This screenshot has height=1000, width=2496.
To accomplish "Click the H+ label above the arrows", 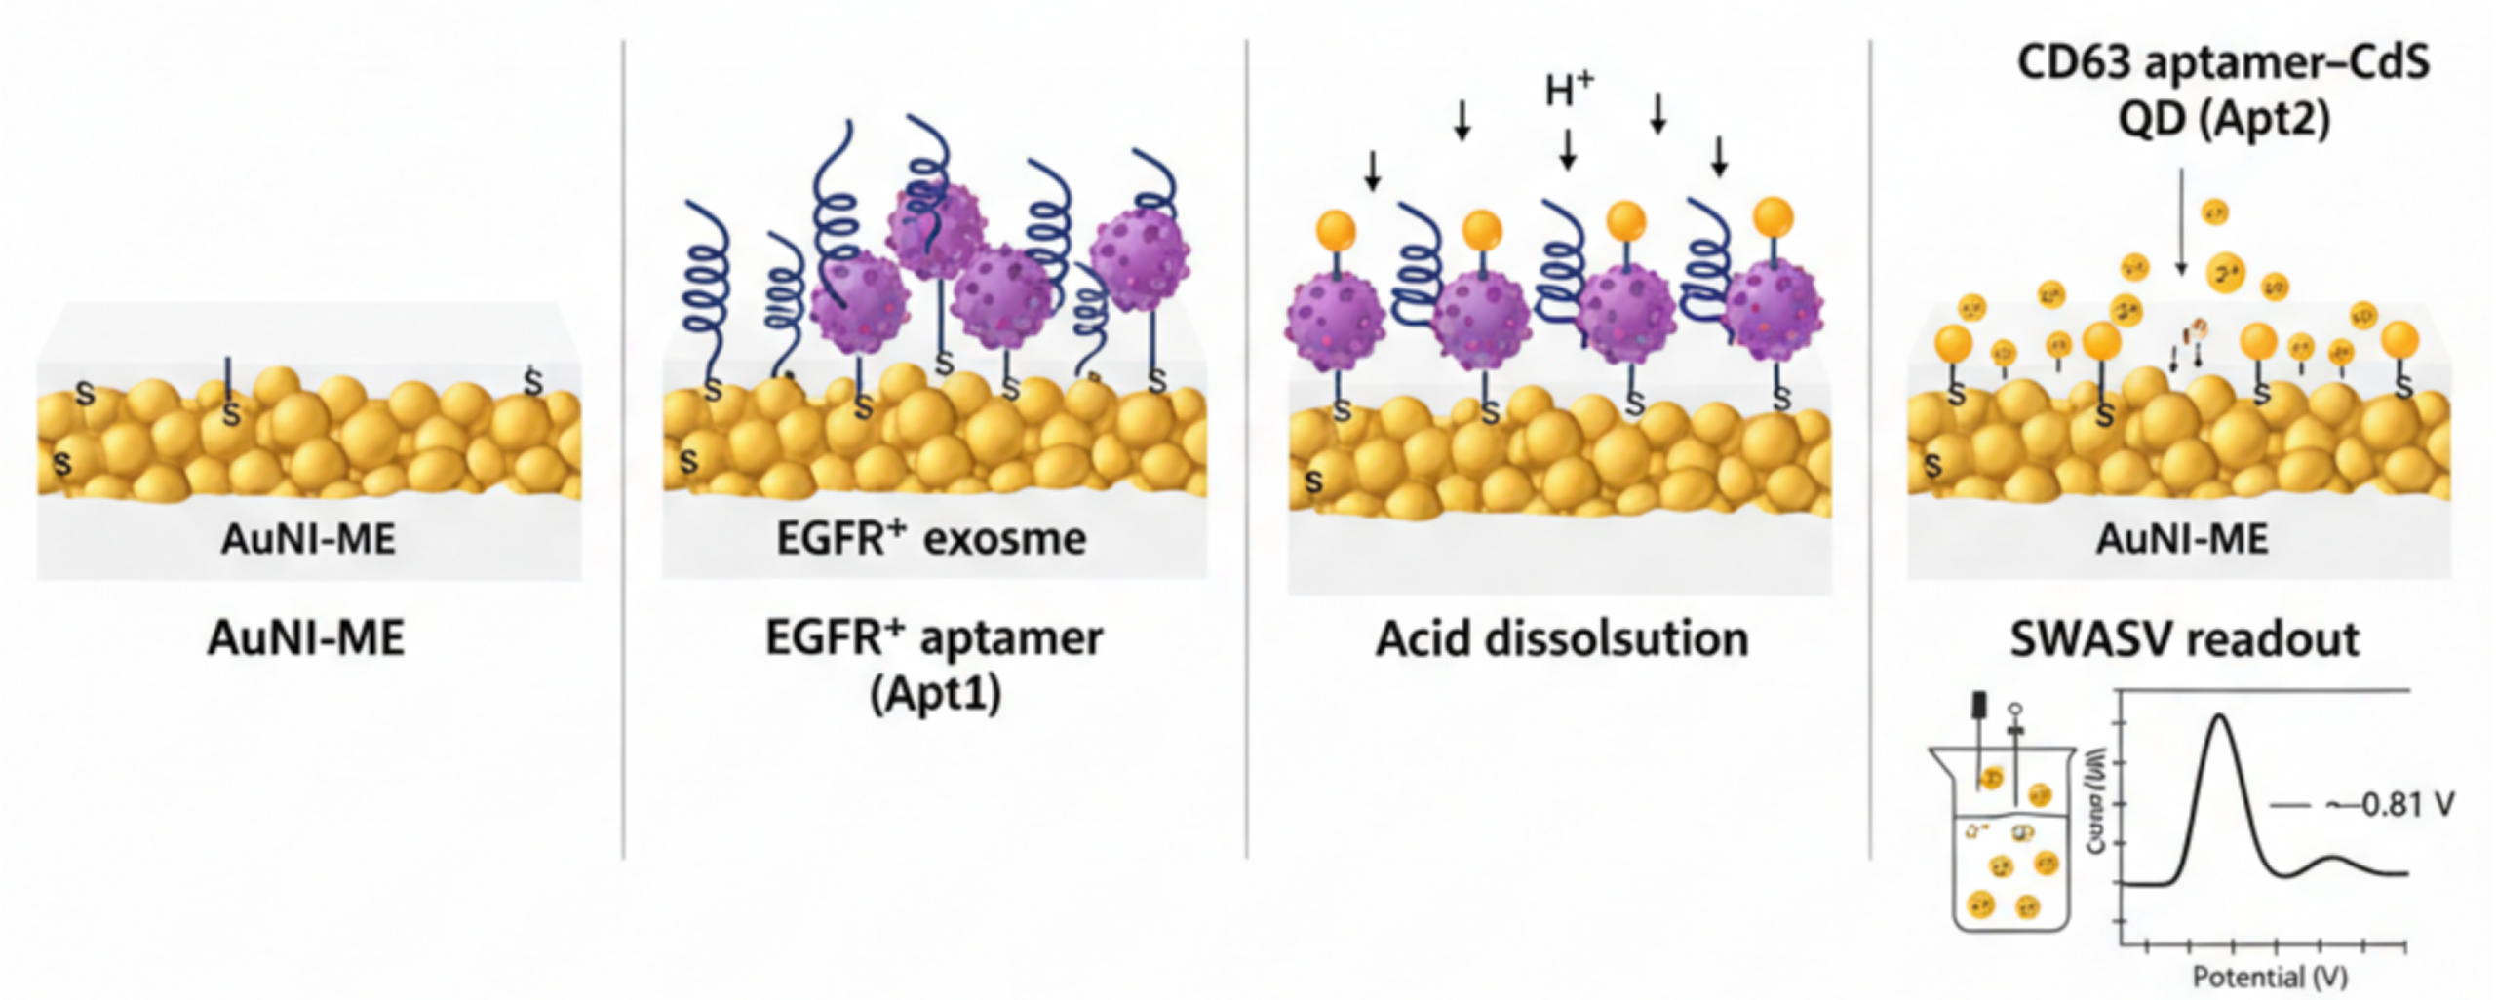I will [1569, 91].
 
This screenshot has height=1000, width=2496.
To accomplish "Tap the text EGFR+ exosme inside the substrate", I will [931, 539].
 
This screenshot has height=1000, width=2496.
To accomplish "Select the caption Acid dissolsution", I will [1562, 639].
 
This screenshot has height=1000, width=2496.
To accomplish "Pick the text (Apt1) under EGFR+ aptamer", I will [935, 695].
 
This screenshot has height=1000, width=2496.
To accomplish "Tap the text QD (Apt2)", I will [2224, 120].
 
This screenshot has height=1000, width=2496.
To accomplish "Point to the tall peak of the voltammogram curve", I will [2221, 717].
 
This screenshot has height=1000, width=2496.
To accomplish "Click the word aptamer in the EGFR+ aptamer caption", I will [1011, 639].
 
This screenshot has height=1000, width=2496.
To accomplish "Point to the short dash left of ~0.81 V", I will [2290, 805].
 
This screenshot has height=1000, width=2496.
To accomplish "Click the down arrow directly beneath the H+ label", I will [1568, 150].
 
